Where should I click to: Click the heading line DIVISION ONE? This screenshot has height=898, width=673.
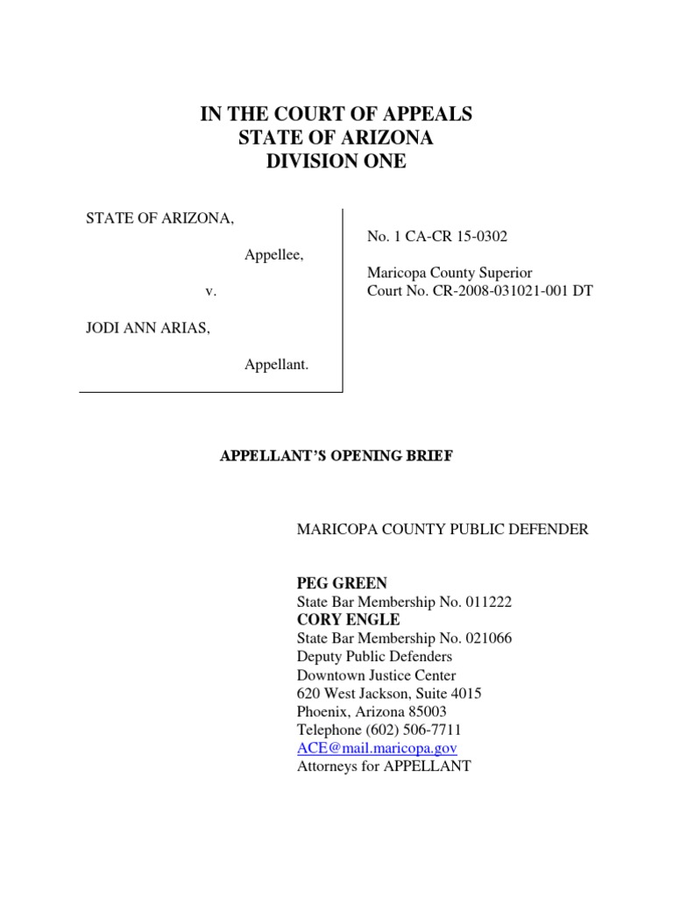click(x=336, y=161)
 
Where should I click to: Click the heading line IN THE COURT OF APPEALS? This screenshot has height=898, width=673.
click(x=336, y=114)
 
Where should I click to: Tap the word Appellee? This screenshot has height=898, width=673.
click(x=273, y=254)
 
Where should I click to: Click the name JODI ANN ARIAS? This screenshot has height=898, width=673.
click(x=146, y=328)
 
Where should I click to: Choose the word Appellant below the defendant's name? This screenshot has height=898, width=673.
click(x=276, y=364)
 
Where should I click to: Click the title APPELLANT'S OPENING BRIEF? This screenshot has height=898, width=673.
click(x=336, y=457)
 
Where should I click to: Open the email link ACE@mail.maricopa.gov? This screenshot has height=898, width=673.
click(x=377, y=748)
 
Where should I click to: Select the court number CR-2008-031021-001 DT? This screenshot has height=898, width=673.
click(x=503, y=291)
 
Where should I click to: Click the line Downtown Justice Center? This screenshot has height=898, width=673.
click(x=376, y=675)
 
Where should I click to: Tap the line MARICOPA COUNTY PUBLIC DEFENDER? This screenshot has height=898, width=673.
click(x=443, y=530)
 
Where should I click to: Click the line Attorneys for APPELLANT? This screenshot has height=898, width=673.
click(x=384, y=766)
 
